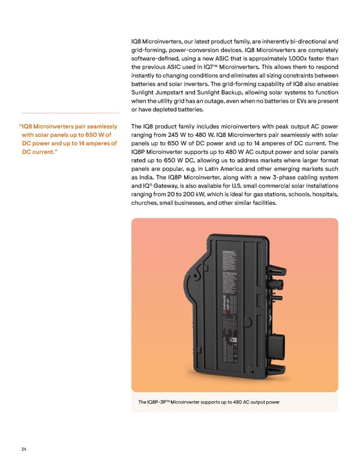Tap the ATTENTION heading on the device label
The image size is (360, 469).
pos(232,274)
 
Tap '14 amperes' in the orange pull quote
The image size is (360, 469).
pos(93,144)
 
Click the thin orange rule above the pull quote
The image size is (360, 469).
pos(70,113)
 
